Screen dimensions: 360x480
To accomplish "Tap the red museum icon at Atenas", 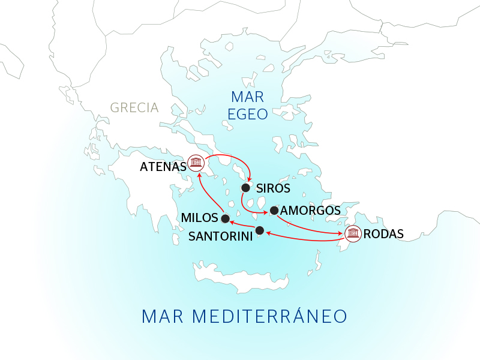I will click(196, 163).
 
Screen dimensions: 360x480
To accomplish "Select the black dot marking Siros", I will click(245, 188).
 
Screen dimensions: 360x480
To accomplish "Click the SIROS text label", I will click(273, 188).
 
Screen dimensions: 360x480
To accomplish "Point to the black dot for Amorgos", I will click(274, 210).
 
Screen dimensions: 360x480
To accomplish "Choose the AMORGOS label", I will click(310, 211).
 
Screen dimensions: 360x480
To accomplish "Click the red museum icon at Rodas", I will click(353, 233).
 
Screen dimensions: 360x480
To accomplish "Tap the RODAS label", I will click(384, 234).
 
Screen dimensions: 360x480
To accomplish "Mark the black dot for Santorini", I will click(259, 230).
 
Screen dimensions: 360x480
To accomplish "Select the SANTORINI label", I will click(220, 236).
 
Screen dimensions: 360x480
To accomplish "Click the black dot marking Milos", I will click(225, 218).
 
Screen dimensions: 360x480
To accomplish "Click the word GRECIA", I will click(134, 108).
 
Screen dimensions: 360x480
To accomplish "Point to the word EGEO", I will click(248, 114).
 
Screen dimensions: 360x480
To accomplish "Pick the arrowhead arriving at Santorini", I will click(268, 233).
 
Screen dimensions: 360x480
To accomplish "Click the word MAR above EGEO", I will click(248, 97).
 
